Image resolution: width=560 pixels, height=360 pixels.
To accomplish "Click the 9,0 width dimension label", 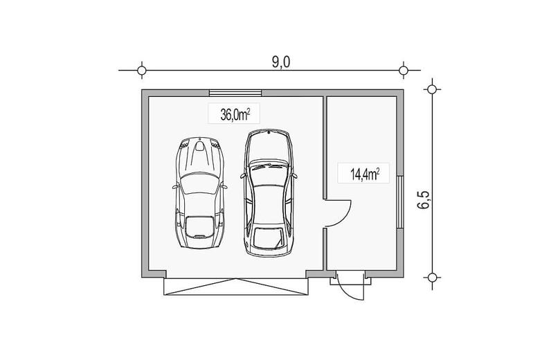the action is pos(281,62).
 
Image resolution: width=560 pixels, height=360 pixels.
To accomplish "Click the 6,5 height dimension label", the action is pos(424,199).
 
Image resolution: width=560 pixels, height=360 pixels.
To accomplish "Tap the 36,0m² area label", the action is pos(235,115).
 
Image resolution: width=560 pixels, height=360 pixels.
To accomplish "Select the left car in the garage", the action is pos(199,192).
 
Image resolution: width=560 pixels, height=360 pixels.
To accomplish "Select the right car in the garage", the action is pos(269,193).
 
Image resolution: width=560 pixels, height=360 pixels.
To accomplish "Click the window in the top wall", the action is pos(235,93).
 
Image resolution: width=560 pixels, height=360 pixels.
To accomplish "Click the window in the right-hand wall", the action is pos(400,201).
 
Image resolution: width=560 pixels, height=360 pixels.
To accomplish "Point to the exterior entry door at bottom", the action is pos(350,285).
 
